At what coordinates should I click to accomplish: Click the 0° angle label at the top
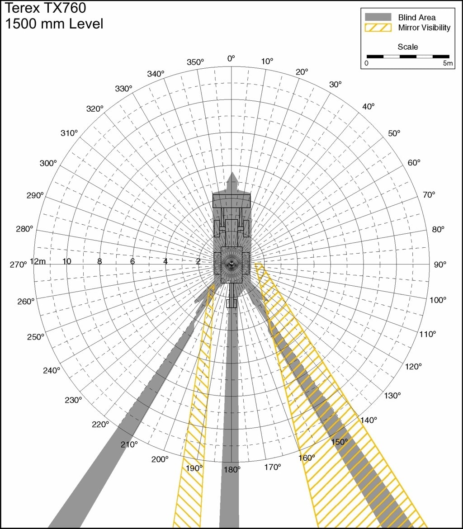[231, 59]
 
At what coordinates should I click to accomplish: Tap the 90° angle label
[440, 264]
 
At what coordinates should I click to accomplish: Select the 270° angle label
[18, 264]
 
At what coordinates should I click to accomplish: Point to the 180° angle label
[232, 470]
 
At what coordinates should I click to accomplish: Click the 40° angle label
[369, 106]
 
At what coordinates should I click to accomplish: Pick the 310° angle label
[69, 133]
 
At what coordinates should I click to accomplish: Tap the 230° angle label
[73, 400]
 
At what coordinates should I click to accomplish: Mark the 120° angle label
[413, 366]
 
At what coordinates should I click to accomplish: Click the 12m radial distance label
[38, 261]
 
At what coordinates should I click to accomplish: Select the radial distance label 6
[132, 261]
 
